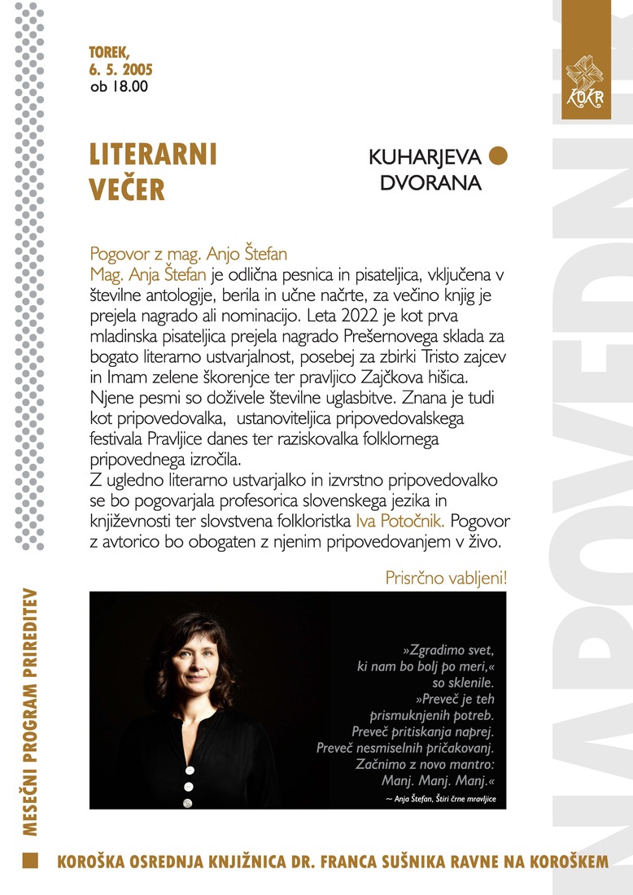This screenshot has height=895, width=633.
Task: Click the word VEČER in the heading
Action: point(127,189)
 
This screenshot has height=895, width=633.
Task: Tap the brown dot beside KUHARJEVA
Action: point(498,155)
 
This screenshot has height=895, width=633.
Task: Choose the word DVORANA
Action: point(430,183)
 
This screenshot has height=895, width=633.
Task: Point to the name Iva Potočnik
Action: point(402,520)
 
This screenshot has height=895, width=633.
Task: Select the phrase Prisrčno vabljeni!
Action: point(446,578)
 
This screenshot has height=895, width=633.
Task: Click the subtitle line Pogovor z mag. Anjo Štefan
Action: point(189,254)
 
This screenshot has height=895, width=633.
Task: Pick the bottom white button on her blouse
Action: point(188,803)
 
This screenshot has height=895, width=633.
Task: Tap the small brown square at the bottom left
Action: point(30,861)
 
